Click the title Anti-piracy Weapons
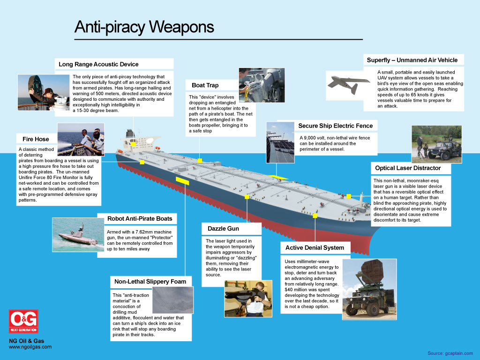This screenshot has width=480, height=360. (144, 27)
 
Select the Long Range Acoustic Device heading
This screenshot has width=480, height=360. (98, 64)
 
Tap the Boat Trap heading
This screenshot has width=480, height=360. (205, 85)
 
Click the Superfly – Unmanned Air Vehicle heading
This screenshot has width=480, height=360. (412, 60)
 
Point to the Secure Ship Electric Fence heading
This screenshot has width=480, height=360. (335, 126)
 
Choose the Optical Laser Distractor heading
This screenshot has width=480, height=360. (408, 168)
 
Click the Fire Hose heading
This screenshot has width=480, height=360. (36, 139)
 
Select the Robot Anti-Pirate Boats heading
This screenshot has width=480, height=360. (139, 218)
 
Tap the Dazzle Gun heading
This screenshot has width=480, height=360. (223, 229)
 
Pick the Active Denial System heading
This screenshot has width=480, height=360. (315, 247)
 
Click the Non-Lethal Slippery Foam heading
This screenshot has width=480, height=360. (150, 282)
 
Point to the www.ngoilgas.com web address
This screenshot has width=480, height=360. (30, 347)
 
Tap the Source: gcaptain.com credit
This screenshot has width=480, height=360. (450, 353)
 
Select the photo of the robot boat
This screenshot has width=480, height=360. (78, 235)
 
